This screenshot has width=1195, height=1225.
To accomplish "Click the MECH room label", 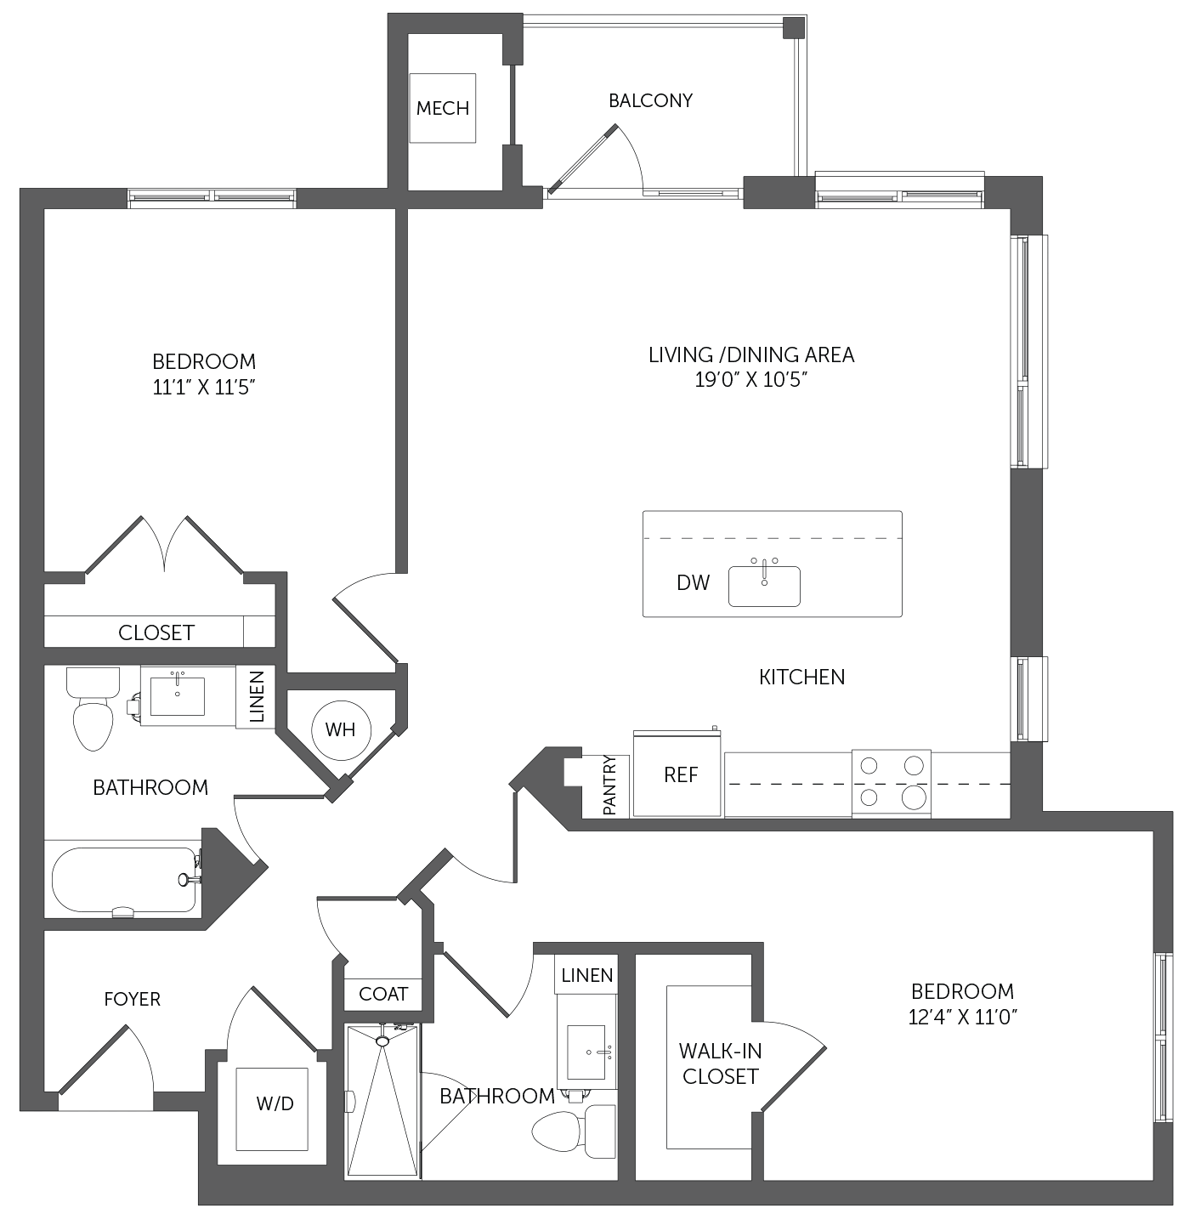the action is [x=442, y=108].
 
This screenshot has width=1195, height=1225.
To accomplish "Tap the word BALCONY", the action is [x=650, y=100].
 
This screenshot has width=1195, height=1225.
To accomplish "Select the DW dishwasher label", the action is [x=693, y=583].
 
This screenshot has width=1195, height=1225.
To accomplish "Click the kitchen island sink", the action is [x=764, y=586].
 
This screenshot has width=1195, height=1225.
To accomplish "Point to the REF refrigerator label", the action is [x=681, y=775].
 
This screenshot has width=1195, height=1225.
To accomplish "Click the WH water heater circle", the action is [x=341, y=730].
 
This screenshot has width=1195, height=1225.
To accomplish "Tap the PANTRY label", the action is [x=609, y=785].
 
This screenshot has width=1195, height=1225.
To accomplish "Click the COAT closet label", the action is [x=383, y=994].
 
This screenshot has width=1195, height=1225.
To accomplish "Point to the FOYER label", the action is [x=132, y=999].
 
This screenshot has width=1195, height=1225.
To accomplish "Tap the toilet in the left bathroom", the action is [x=93, y=708].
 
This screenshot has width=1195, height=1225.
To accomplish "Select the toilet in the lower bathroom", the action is [x=573, y=1131].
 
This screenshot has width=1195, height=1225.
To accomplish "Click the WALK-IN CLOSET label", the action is [x=720, y=1063].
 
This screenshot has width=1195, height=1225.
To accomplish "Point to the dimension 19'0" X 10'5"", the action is [x=751, y=380].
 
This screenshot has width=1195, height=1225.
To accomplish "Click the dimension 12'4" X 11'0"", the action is [x=963, y=1018].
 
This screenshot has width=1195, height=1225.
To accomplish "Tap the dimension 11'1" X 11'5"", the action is [x=204, y=387].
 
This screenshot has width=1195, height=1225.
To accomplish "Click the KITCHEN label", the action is [x=801, y=678].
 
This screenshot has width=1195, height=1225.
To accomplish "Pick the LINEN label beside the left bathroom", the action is [x=257, y=697].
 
